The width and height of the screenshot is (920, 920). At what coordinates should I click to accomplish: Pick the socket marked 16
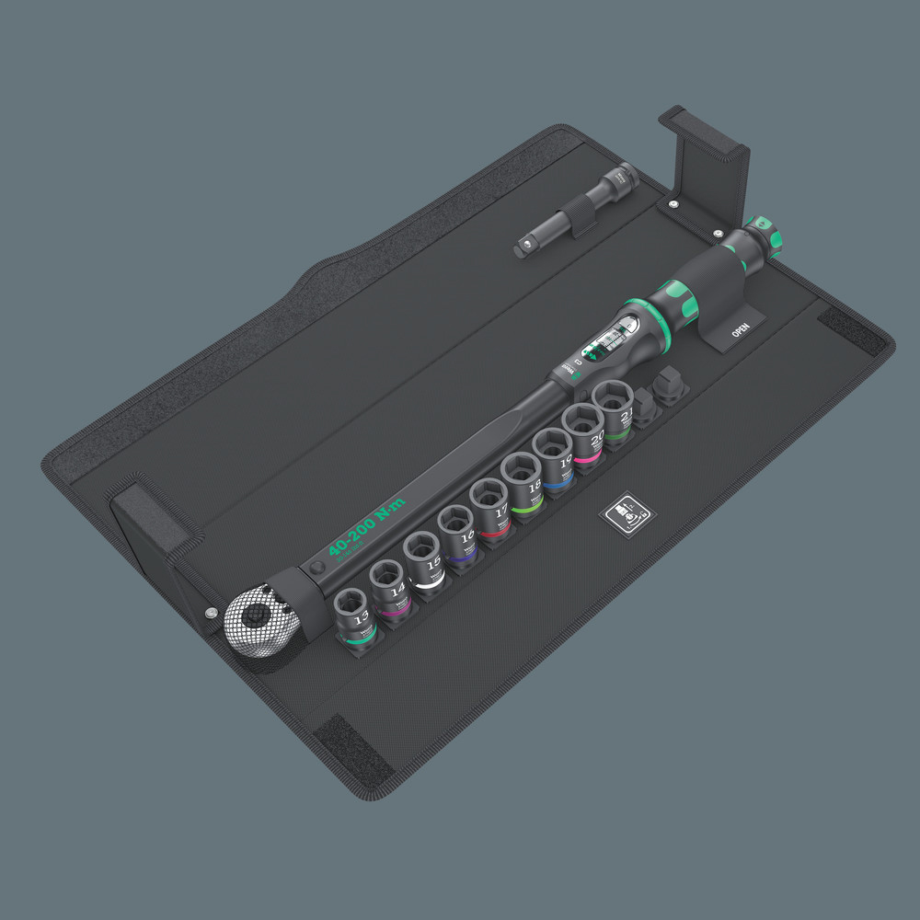[456, 533]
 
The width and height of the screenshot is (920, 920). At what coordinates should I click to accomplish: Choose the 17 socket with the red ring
[489, 507]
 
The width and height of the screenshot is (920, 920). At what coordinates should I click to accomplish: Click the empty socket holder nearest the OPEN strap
[671, 381]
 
